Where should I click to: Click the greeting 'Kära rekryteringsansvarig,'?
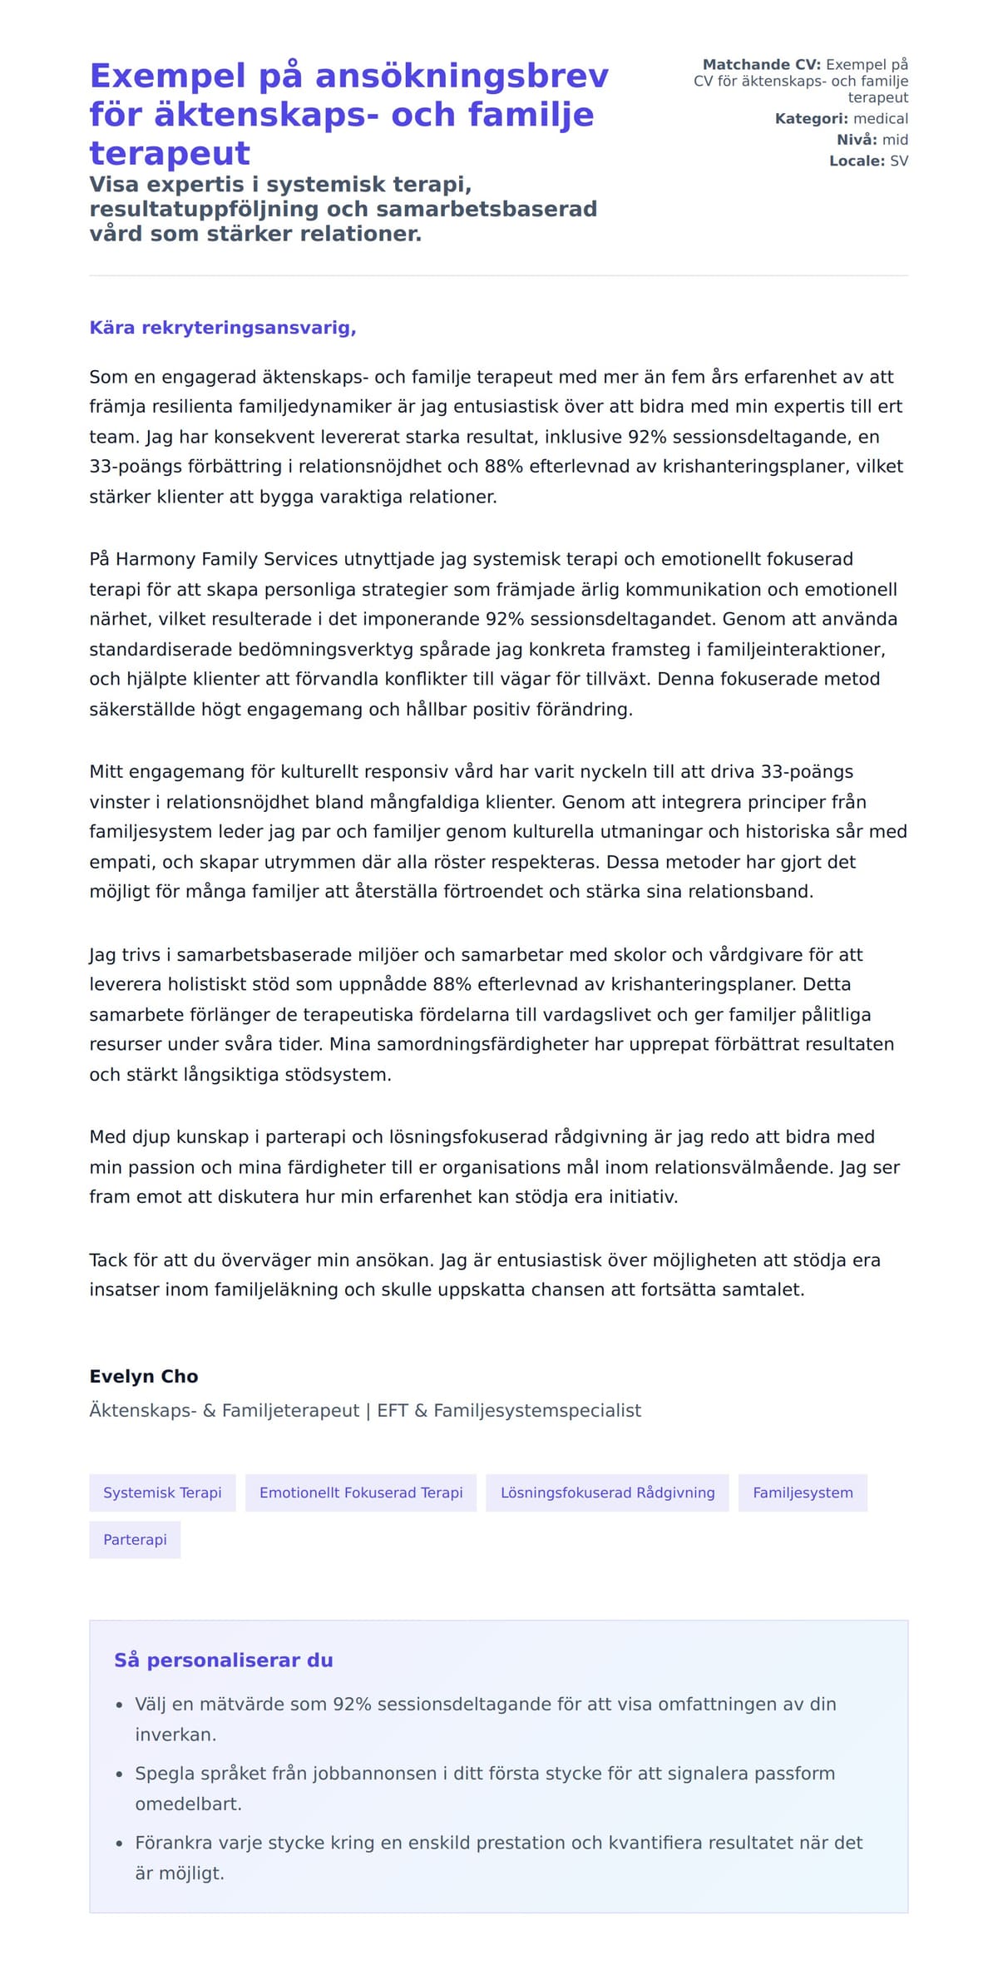[x=223, y=328]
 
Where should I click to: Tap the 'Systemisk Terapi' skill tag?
[x=162, y=1492]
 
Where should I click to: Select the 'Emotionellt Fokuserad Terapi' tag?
[x=361, y=1492]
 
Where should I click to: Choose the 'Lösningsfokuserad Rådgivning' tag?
[x=607, y=1492]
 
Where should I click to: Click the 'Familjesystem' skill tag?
[x=803, y=1492]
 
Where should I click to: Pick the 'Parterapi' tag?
[x=135, y=1539]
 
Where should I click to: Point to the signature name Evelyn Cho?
[x=144, y=1376]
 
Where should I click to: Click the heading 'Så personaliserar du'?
[x=223, y=1660]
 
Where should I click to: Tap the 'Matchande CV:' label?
[x=761, y=65]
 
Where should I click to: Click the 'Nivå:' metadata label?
[x=857, y=140]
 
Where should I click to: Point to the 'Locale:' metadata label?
[x=857, y=161]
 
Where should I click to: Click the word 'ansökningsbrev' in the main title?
[x=462, y=77]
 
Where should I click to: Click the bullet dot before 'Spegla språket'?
[x=120, y=1774]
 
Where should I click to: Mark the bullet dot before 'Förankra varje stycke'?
[x=120, y=1844]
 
